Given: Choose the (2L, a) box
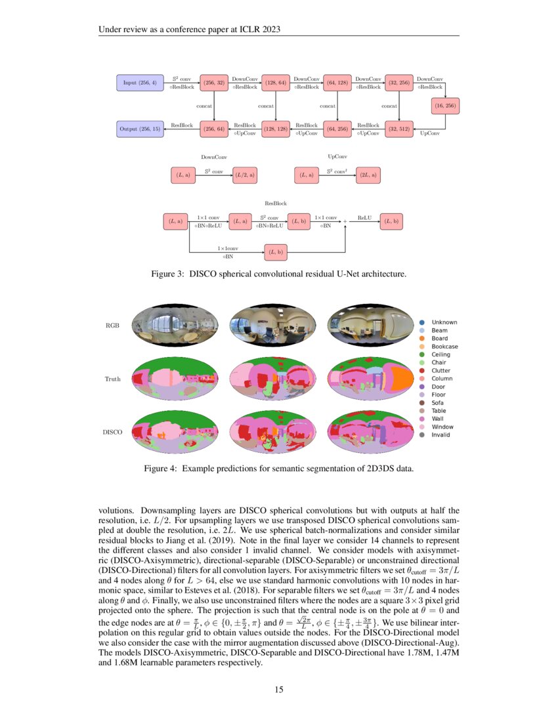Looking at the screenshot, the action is click(367, 175).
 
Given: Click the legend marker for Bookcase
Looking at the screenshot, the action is click(421, 347).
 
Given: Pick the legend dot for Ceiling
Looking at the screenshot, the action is click(421, 354).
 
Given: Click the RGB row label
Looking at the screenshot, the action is click(112, 326).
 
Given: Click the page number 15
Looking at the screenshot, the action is click(279, 689).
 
